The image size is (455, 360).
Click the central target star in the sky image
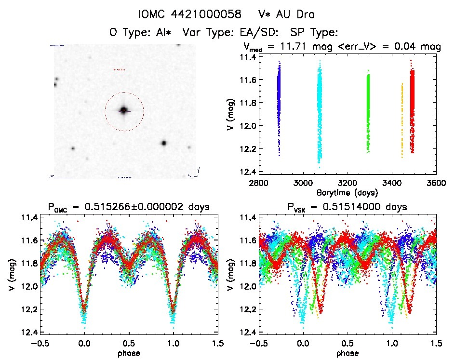click(124, 110)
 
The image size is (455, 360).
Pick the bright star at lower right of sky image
click(164, 143)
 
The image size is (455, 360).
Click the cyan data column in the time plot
click(319, 111)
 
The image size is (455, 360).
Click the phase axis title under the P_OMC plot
click(128, 353)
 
